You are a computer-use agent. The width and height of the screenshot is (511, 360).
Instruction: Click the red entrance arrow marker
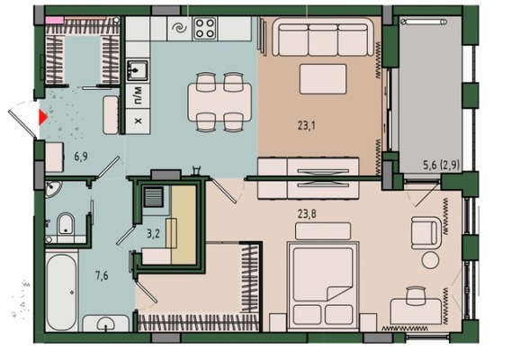click(42, 117)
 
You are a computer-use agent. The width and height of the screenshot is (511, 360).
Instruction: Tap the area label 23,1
click(307, 125)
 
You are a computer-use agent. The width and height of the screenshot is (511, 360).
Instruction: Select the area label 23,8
click(307, 214)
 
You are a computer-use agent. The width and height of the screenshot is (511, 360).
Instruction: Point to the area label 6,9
click(81, 157)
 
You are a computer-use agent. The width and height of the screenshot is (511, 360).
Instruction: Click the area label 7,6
click(102, 276)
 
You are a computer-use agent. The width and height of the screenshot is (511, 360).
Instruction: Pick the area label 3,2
click(153, 233)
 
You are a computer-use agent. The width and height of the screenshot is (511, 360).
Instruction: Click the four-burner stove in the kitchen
click(204, 29)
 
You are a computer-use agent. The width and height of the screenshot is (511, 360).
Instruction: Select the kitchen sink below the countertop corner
click(138, 70)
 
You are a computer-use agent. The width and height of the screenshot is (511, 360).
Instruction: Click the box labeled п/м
click(138, 95)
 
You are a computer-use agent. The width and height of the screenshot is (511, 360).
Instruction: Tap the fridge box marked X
click(138, 121)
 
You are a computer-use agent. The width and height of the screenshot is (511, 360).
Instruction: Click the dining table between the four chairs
click(220, 102)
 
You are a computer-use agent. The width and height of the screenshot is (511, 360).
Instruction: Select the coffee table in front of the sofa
click(323, 79)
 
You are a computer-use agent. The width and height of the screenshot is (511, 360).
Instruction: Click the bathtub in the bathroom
click(61, 292)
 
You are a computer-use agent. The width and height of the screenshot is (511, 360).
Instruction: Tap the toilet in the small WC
click(66, 224)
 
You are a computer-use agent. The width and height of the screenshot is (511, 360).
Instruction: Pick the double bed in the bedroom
click(323, 285)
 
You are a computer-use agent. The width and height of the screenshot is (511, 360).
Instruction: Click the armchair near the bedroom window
click(426, 233)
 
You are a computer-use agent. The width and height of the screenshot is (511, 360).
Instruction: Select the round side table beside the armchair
click(430, 260)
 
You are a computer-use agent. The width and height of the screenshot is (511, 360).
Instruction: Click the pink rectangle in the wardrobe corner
click(54, 20)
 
